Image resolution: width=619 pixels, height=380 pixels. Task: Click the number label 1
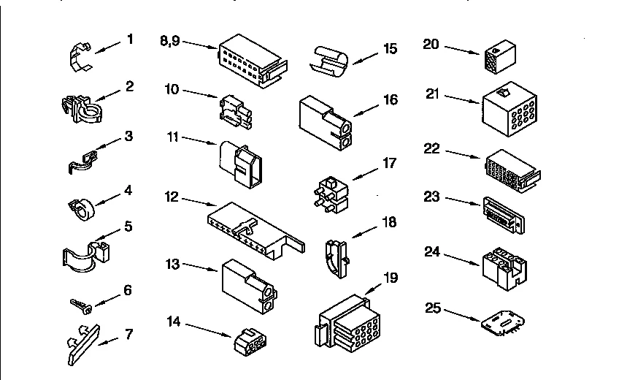pos(130,39)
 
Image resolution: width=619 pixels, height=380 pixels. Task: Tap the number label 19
pos(391,278)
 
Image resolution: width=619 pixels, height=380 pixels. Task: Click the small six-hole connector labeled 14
pos(250,342)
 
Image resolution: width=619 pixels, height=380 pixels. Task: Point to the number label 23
pos(432,197)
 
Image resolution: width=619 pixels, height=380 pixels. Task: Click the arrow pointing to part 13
pos(200,267)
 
